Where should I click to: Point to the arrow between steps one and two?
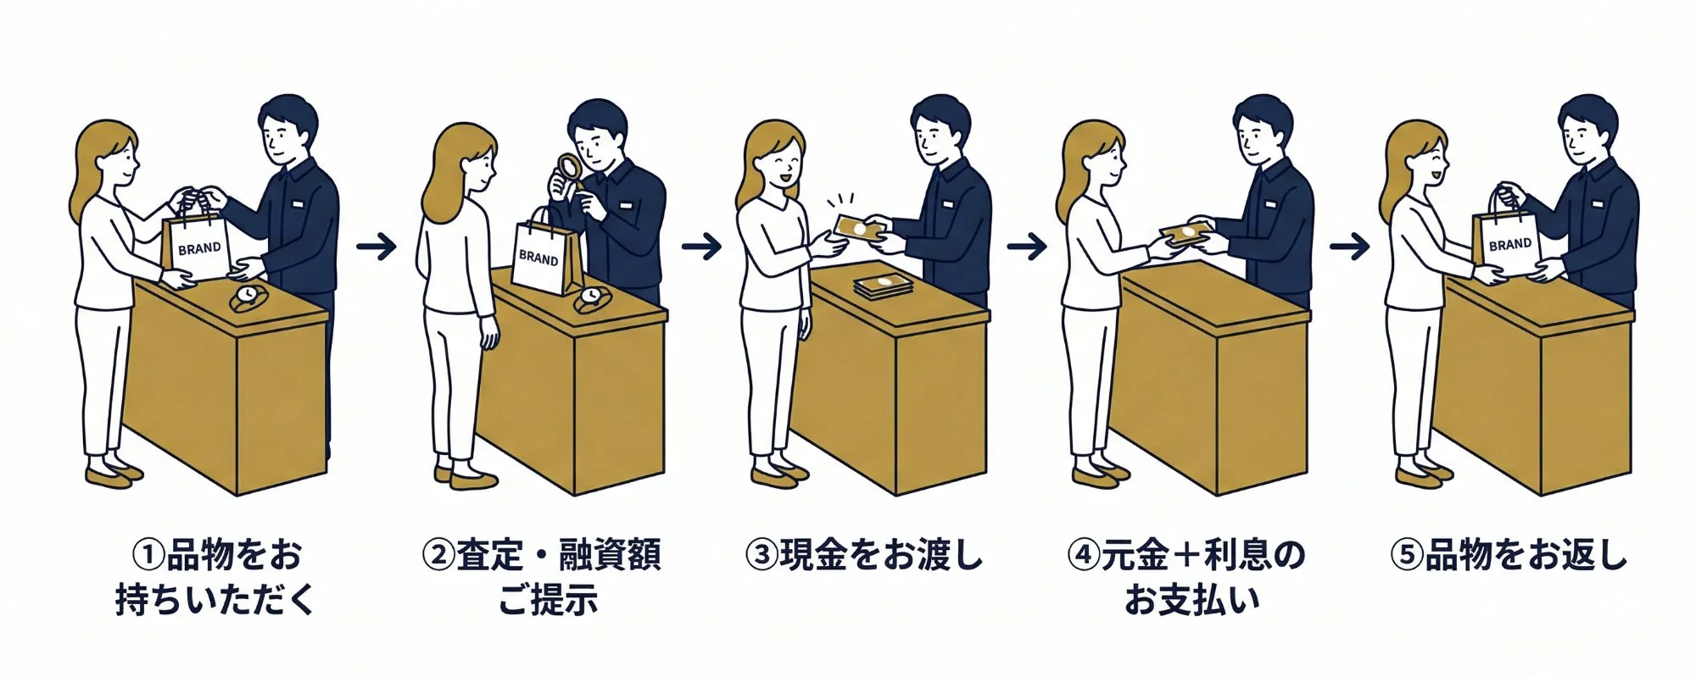point(376,247)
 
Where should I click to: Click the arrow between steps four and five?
point(1348,247)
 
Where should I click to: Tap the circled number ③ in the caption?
point(761,557)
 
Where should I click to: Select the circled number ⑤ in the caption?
point(1406,557)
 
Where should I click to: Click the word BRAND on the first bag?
point(199,249)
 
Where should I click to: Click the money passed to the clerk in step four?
point(1180,236)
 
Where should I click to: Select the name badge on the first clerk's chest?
point(298,203)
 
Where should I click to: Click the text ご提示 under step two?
point(547,601)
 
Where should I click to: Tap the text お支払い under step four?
point(1191,601)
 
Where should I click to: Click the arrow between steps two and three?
point(701,247)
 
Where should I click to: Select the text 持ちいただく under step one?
point(215,601)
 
